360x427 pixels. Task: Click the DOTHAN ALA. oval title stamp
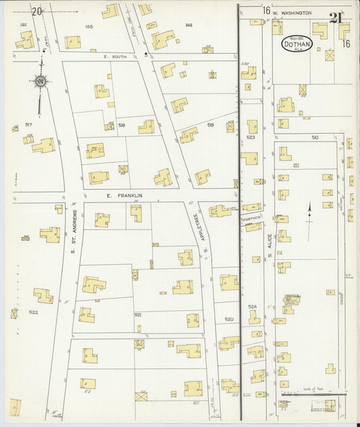297,44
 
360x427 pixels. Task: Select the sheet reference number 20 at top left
37,11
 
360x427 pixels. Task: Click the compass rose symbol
41,82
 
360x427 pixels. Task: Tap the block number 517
29,125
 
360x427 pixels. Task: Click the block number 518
122,126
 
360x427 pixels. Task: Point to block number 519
210,125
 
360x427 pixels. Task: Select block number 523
251,137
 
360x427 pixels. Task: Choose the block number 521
138,315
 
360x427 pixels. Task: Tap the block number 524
253,307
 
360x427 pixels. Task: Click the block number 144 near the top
188,25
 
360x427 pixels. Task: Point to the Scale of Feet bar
311,394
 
